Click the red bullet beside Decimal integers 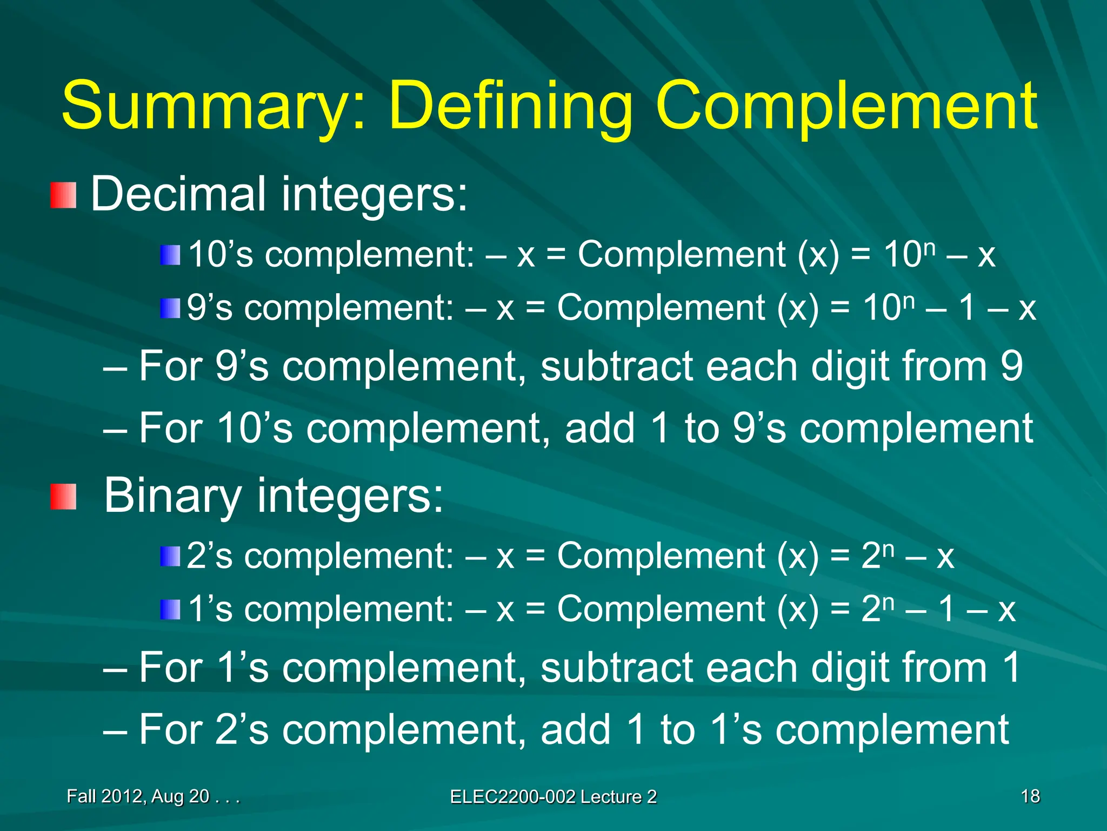pyautogui.click(x=63, y=195)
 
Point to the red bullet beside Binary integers pyautogui.click(x=63, y=496)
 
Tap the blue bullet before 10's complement pyautogui.click(x=170, y=255)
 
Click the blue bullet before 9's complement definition pyautogui.click(x=170, y=308)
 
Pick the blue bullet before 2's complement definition pyautogui.click(x=170, y=556)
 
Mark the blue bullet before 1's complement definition pyautogui.click(x=170, y=610)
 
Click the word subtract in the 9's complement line pyautogui.click(x=616, y=366)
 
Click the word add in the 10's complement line pyautogui.click(x=599, y=428)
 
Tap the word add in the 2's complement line pyautogui.click(x=575, y=730)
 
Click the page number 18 pyautogui.click(x=1030, y=796)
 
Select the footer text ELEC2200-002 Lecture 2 pyautogui.click(x=553, y=797)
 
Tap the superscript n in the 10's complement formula pyautogui.click(x=929, y=248)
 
